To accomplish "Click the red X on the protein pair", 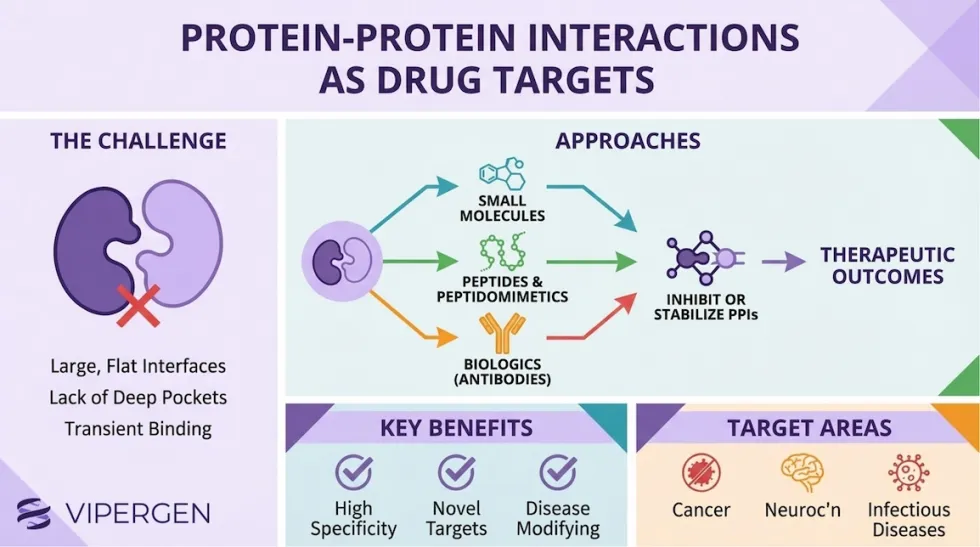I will (x=138, y=305).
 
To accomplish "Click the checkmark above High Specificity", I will (x=353, y=472).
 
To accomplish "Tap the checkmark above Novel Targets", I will (x=457, y=472).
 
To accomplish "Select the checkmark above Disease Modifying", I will (x=558, y=472).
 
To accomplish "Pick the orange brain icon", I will (x=803, y=472).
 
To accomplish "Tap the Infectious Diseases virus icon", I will (x=908, y=472).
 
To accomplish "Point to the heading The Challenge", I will (x=138, y=141).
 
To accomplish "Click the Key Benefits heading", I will (x=456, y=428).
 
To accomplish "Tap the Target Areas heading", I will (x=809, y=428).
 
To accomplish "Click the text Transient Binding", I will (x=138, y=428).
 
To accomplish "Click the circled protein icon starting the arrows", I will (x=341, y=263).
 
